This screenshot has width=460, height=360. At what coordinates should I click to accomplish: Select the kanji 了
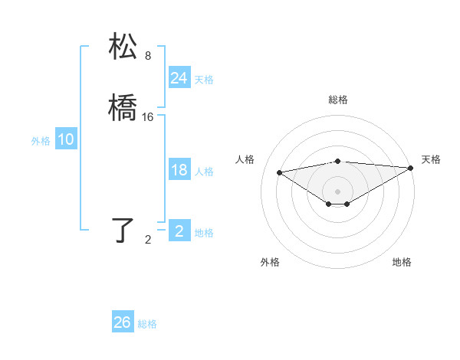tap(124, 230)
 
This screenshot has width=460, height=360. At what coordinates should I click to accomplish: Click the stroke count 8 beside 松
tap(148, 56)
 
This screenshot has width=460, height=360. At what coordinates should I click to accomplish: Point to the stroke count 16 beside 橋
tap(148, 117)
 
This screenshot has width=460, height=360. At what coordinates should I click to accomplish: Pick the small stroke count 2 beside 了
tap(148, 240)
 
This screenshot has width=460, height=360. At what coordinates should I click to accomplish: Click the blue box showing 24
tap(179, 78)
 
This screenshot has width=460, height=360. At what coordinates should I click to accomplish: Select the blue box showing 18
tap(179, 171)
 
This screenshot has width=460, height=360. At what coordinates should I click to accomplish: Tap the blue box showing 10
tap(65, 140)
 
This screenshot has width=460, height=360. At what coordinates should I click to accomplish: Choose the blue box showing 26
tap(123, 322)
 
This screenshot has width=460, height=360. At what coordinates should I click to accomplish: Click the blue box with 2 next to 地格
tap(179, 231)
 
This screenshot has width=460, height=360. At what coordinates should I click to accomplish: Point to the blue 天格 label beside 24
tap(204, 80)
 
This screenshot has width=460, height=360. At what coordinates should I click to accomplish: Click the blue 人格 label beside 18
tap(204, 172)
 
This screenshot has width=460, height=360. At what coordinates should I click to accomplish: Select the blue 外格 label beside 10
tap(41, 141)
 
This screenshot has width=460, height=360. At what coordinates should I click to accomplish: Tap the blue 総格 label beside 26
tap(147, 324)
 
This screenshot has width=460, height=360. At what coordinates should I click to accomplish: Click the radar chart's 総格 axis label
tap(338, 100)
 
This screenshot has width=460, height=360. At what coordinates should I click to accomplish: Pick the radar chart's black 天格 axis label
tap(431, 159)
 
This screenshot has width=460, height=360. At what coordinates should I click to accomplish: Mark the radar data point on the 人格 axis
tap(279, 172)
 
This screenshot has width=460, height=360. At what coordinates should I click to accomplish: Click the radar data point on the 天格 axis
tap(411, 168)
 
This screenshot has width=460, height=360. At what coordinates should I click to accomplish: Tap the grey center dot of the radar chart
tap(338, 191)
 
